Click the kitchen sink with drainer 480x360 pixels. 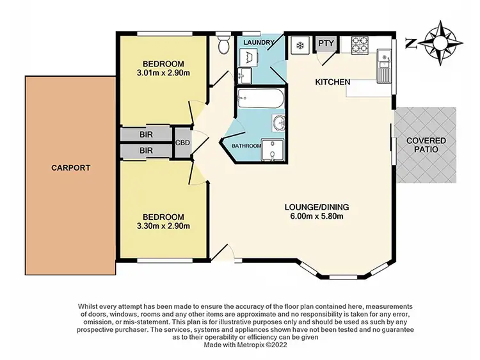point(384,66)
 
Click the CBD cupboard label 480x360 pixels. point(183,143)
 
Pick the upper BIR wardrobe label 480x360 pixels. point(147,136)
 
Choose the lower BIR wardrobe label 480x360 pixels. point(147,152)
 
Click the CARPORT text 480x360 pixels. point(70,168)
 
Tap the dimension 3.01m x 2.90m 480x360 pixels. point(163,72)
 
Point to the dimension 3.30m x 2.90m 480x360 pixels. point(163,225)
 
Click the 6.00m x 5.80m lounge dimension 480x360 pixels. point(317,215)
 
